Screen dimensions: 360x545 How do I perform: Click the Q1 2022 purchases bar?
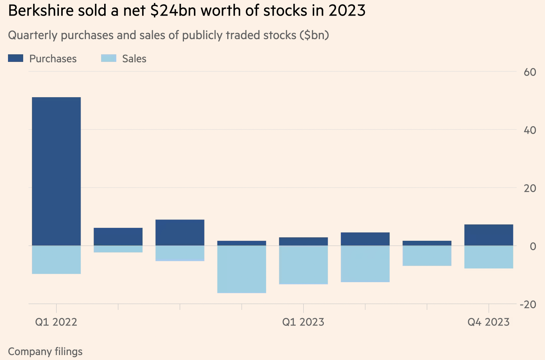(x=56, y=171)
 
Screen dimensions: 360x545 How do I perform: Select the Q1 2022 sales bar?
(x=56, y=260)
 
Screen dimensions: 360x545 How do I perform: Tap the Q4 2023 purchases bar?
(x=488, y=235)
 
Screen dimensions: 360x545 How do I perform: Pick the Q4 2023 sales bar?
(x=488, y=257)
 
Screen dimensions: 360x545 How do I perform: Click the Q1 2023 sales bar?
(x=303, y=265)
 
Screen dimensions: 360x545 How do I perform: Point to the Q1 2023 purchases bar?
(x=303, y=242)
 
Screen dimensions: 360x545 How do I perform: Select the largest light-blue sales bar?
(x=242, y=269)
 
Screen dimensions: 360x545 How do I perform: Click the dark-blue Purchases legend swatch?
(x=16, y=58)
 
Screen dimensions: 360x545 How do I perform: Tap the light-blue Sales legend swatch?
(x=108, y=58)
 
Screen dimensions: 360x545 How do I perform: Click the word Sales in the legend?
(x=134, y=59)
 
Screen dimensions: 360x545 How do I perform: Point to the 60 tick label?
(x=529, y=72)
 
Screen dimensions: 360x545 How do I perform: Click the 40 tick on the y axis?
(x=529, y=130)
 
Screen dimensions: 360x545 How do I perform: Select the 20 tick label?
(x=529, y=188)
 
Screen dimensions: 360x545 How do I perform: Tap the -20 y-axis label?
(x=528, y=305)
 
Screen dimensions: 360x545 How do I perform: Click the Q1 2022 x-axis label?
(x=56, y=322)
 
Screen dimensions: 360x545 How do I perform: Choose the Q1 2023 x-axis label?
(x=303, y=322)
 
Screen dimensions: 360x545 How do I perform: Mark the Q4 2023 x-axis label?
(x=488, y=322)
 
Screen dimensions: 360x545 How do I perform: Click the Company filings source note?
(x=45, y=352)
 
